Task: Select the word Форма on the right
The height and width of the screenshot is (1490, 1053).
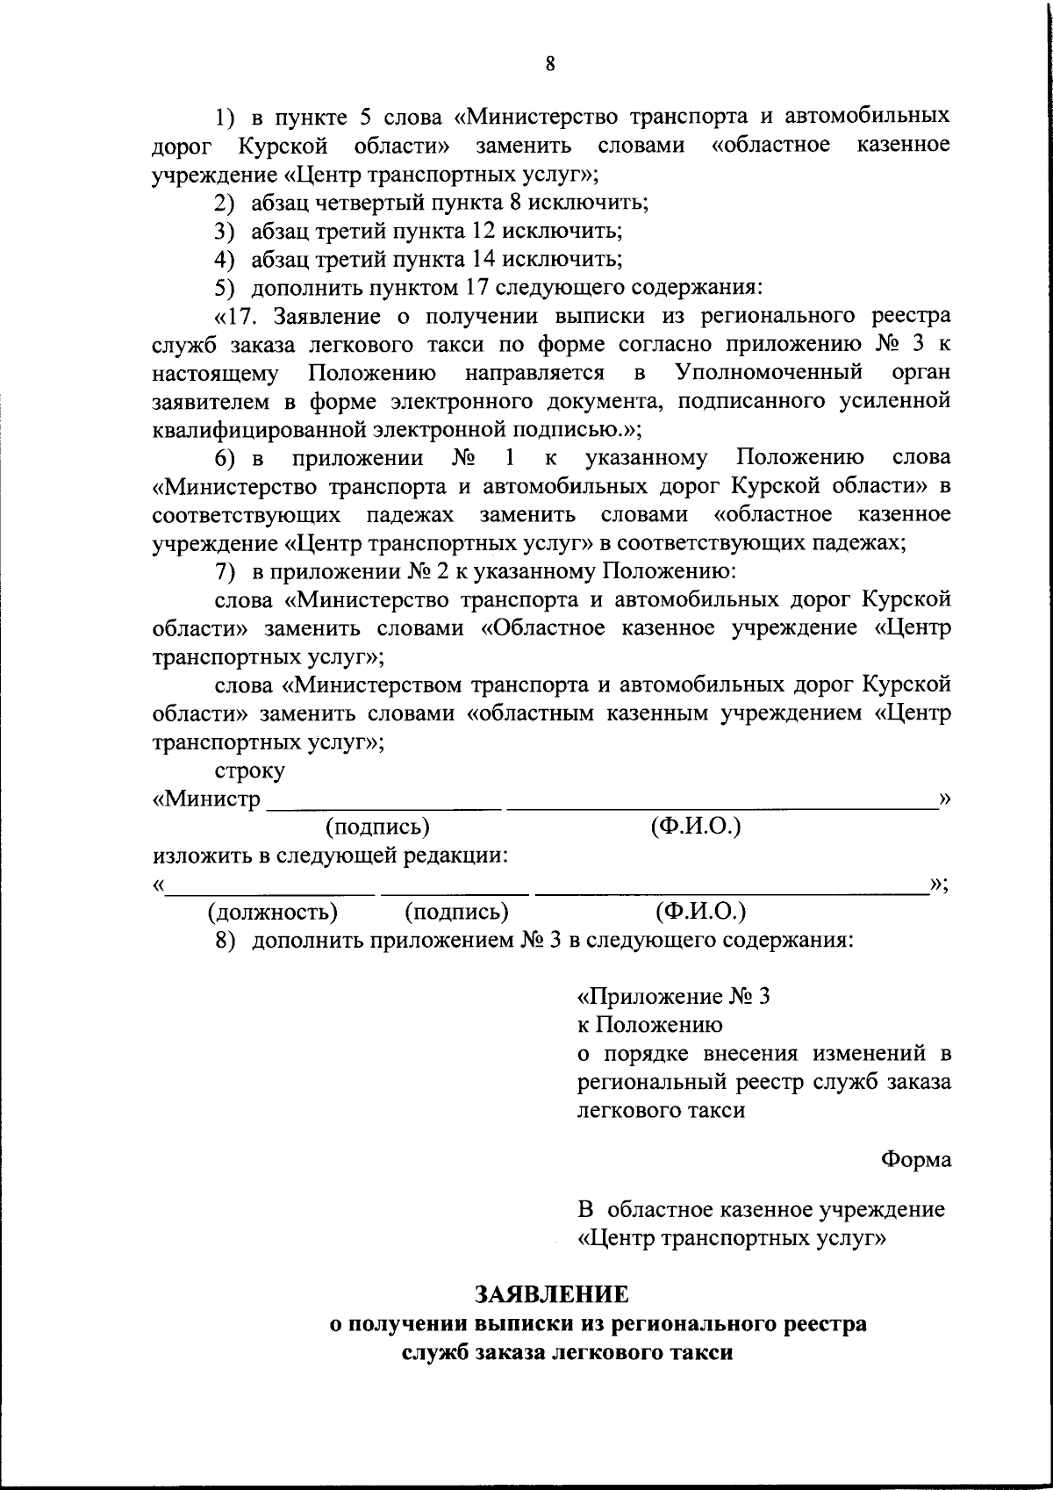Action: click(x=915, y=1159)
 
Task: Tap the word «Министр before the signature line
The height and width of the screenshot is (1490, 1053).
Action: click(x=207, y=799)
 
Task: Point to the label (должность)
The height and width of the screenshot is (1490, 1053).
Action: click(x=272, y=912)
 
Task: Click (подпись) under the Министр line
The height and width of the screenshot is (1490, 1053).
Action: click(x=377, y=827)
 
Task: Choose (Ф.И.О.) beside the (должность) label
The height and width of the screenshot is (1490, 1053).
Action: click(x=700, y=912)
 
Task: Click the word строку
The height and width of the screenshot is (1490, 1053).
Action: click(x=250, y=771)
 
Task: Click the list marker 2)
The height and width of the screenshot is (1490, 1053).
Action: click(x=226, y=204)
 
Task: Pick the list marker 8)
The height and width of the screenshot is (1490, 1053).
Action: click(x=226, y=941)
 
